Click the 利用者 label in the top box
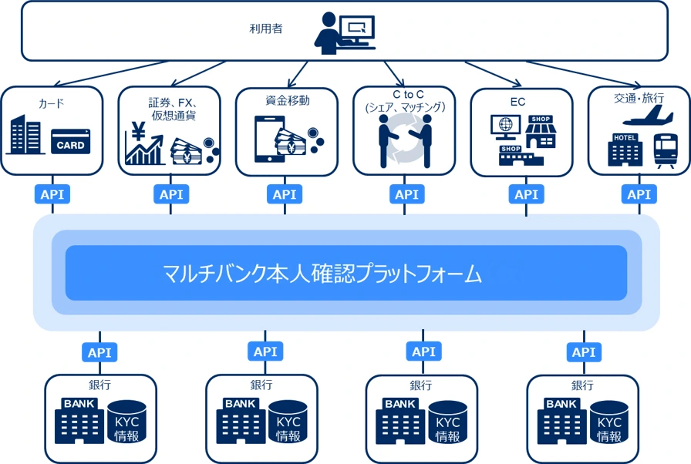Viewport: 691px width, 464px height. click(x=266, y=29)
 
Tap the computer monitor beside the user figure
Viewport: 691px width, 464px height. click(x=357, y=31)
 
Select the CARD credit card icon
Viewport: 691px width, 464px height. click(x=70, y=141)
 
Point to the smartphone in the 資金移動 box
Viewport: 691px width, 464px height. click(x=269, y=139)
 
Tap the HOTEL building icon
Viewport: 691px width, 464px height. click(x=625, y=150)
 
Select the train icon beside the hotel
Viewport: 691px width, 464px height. click(x=666, y=150)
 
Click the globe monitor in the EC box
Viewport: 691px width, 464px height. click(x=505, y=127)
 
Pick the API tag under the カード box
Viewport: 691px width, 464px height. click(x=52, y=194)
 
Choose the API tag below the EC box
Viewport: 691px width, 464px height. click(x=526, y=194)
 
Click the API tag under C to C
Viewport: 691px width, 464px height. click(x=406, y=194)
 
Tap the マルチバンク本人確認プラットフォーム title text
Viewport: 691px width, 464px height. click(x=322, y=274)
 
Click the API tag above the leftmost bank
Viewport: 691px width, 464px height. click(x=99, y=352)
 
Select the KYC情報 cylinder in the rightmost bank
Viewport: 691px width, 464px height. click(x=609, y=422)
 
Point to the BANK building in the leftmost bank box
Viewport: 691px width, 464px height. click(x=79, y=421)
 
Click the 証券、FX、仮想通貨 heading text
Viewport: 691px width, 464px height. click(x=174, y=109)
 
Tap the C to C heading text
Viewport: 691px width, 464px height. click(x=408, y=95)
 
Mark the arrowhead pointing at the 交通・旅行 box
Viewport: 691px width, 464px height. click(x=637, y=85)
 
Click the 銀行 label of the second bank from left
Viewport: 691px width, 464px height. click(x=261, y=385)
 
